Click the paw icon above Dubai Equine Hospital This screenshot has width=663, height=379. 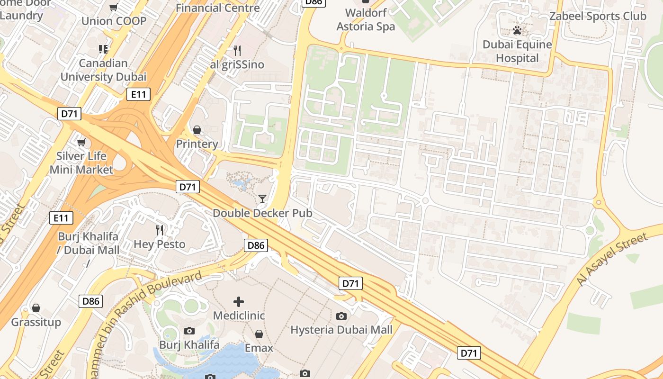(517, 31)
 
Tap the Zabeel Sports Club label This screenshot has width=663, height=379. (598, 16)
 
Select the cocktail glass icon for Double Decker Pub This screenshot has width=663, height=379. (262, 199)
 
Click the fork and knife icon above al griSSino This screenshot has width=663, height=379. (237, 50)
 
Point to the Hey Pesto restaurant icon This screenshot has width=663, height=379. (160, 230)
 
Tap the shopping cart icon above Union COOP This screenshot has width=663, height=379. (114, 7)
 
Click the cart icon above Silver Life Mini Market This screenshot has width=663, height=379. (81, 142)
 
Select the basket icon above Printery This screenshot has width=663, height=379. (197, 130)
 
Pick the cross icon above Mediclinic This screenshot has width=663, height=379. (239, 301)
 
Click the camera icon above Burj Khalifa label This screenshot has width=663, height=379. (189, 331)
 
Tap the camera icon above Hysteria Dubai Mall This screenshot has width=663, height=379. (341, 316)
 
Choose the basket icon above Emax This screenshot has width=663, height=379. (259, 334)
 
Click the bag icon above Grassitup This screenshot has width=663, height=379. (36, 308)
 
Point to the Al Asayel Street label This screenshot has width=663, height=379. (611, 260)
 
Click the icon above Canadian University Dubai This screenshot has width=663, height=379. (103, 49)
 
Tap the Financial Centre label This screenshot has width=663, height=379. (218, 8)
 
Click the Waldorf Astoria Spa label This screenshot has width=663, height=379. (366, 19)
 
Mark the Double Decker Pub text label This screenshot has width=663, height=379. (262, 213)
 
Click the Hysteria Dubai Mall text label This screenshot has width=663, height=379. (341, 330)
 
